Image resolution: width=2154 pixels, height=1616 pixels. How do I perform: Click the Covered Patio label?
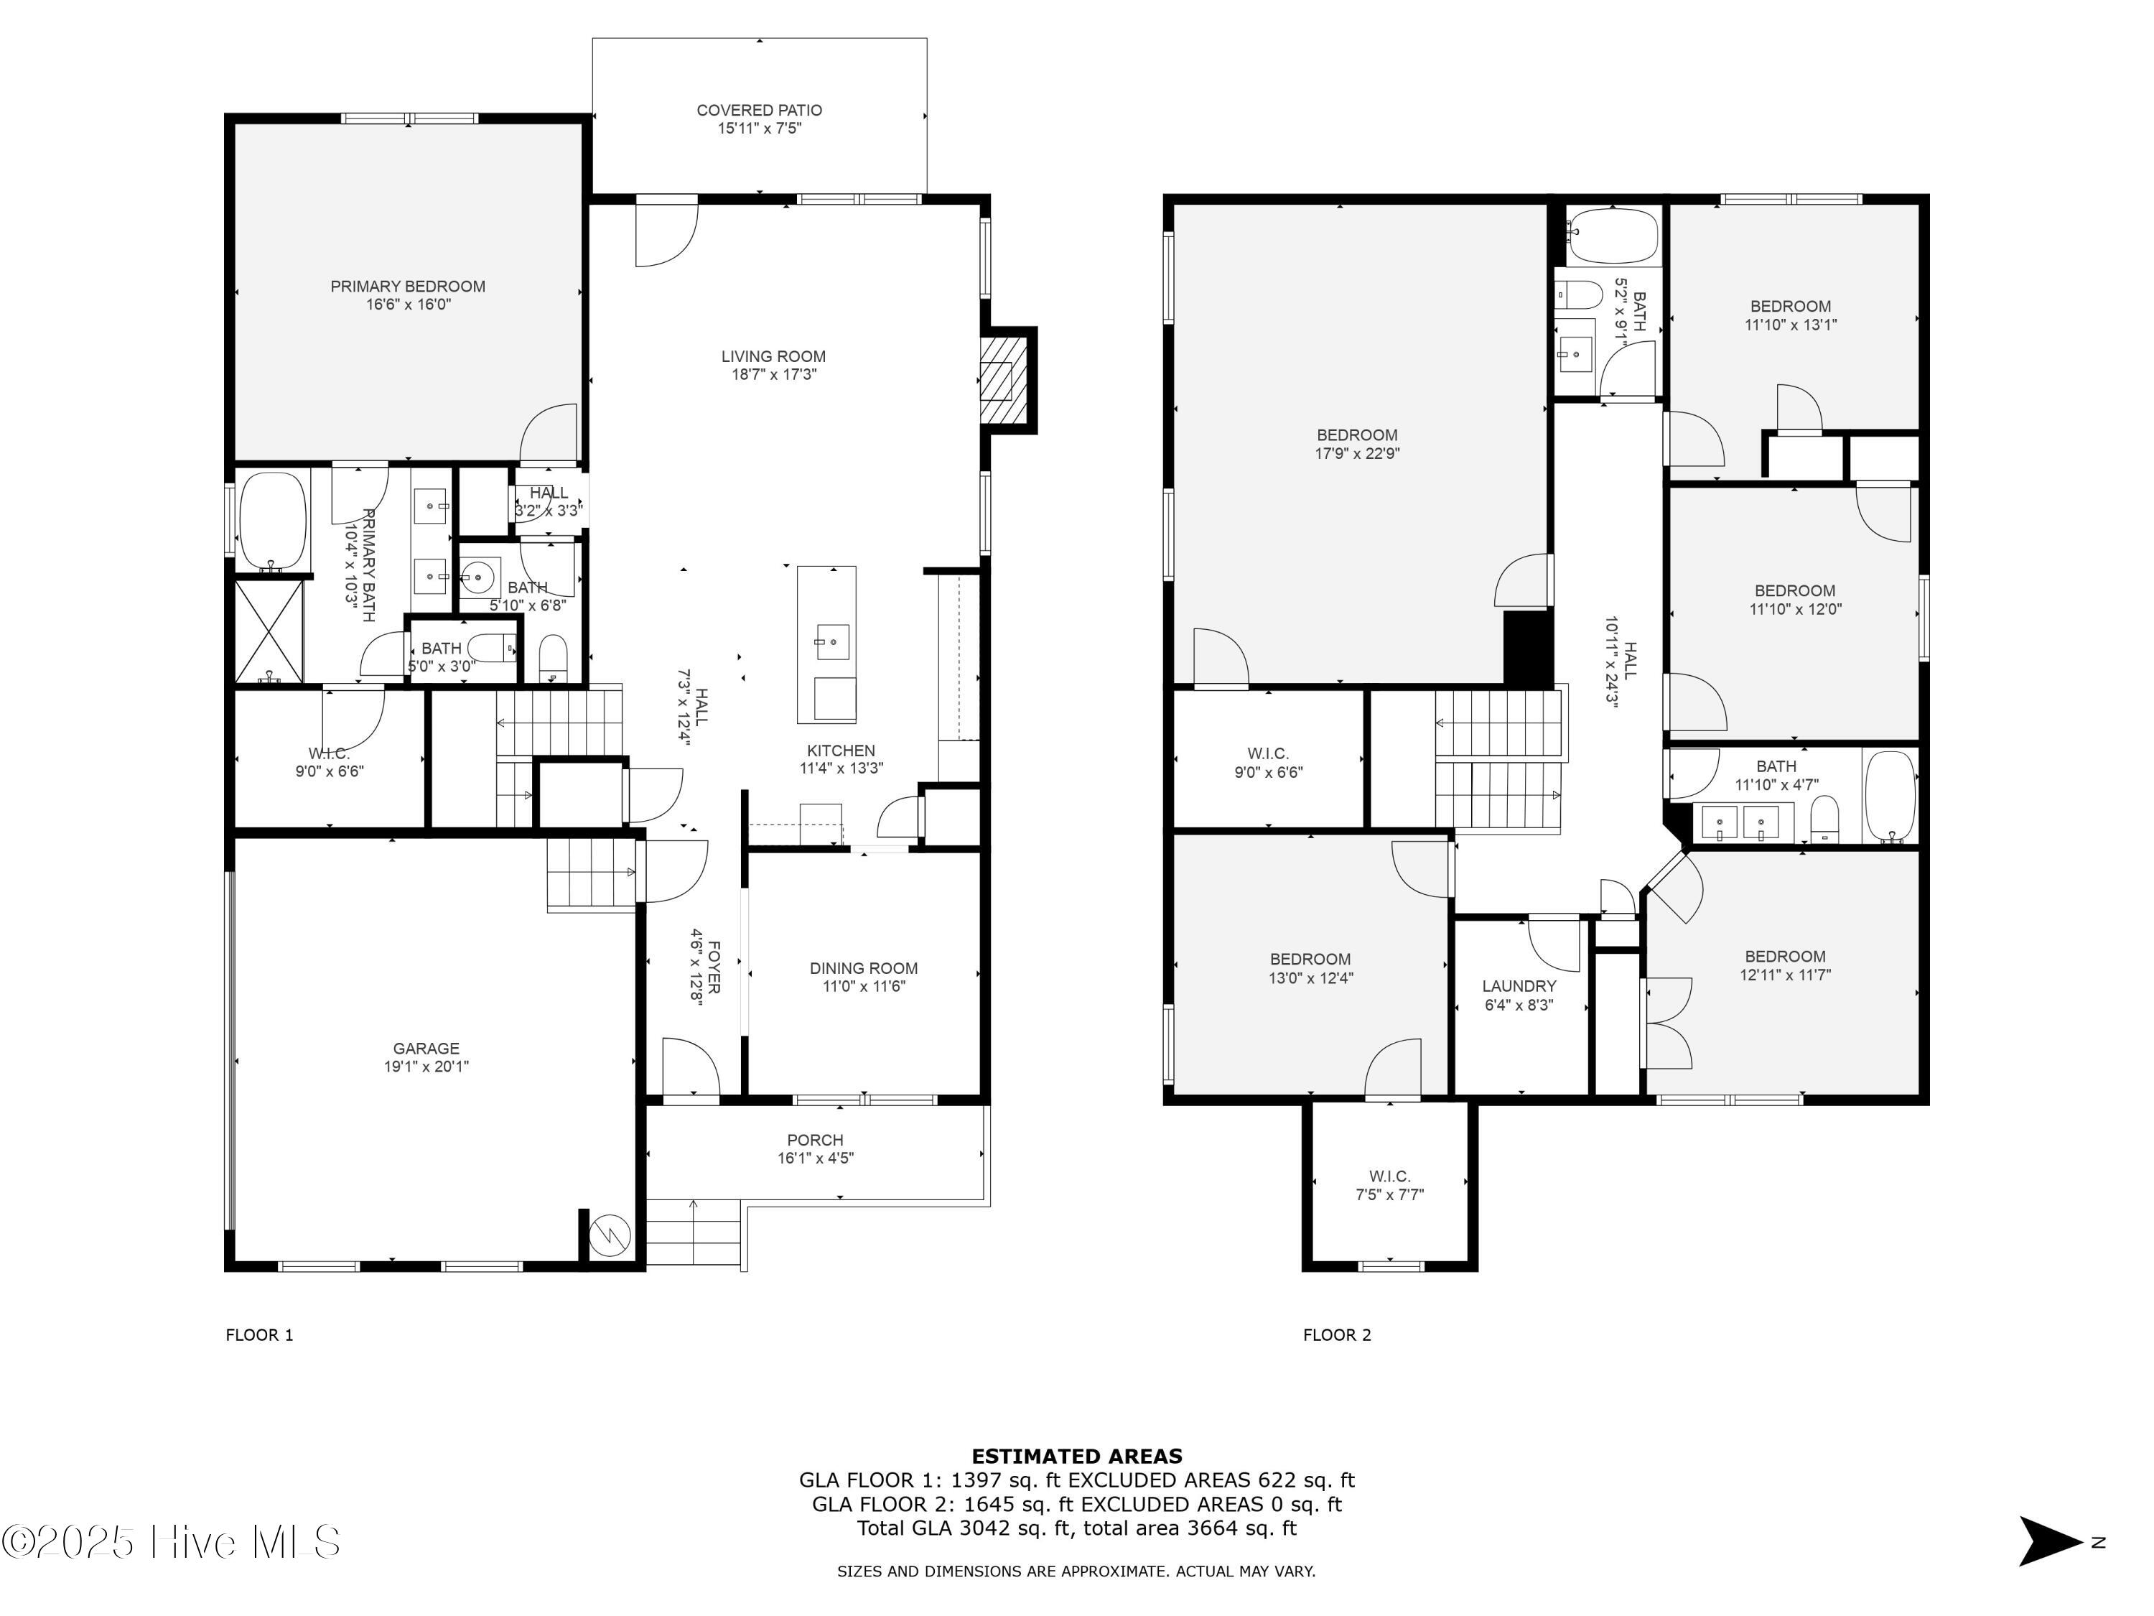tap(759, 110)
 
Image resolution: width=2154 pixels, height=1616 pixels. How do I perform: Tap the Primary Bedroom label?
tap(407, 287)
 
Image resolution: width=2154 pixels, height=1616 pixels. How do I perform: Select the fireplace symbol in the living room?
tap(1003, 380)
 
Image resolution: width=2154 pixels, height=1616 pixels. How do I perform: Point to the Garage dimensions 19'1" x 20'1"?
tap(426, 1067)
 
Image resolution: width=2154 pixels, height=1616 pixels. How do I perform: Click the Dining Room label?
tap(863, 968)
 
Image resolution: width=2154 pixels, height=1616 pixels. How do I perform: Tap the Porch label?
tap(815, 1140)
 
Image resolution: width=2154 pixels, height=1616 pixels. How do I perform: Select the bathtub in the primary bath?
tap(273, 521)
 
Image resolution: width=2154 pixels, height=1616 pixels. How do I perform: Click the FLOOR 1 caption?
tap(259, 1334)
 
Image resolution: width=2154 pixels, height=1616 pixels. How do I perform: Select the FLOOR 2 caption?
tap(1337, 1334)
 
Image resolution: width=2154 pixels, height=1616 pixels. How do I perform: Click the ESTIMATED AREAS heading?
tap(1076, 1457)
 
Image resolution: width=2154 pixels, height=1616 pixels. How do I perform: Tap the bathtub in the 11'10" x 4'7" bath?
tap(1889, 796)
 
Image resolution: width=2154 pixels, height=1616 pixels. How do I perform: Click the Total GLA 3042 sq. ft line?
tap(1076, 1528)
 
